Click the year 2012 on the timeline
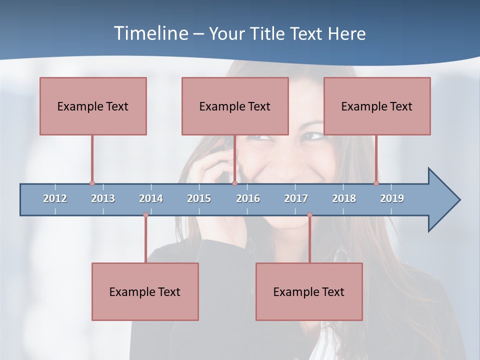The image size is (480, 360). click(55, 198)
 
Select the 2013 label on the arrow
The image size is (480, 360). click(103, 198)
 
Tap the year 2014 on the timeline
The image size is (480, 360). click(151, 198)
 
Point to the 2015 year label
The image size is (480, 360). click(199, 198)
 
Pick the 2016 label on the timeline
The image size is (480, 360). click(248, 198)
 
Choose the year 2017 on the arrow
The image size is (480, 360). click(296, 198)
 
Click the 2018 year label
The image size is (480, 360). click(344, 198)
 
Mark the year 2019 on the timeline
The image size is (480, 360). click(392, 198)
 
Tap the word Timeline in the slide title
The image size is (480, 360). click(151, 33)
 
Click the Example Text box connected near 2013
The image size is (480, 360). click(93, 106)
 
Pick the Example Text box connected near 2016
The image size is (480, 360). click(235, 106)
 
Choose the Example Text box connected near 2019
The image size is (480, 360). click(377, 106)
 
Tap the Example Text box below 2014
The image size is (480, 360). click(145, 291)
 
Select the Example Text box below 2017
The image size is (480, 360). click(309, 291)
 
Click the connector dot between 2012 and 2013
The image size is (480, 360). click(92, 183)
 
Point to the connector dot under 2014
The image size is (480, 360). click(145, 215)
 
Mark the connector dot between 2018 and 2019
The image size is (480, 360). click(376, 183)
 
